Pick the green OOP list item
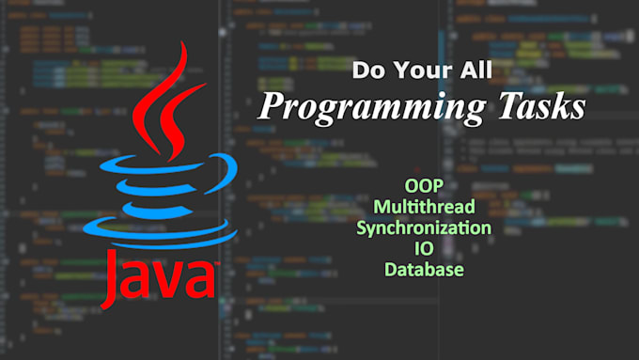[x=424, y=186]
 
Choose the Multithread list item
[x=424, y=207]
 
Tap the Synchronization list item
[x=424, y=227]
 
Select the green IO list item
[x=424, y=248]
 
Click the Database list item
[x=424, y=269]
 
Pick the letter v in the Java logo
[x=175, y=279]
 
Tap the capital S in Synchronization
[x=362, y=227]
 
